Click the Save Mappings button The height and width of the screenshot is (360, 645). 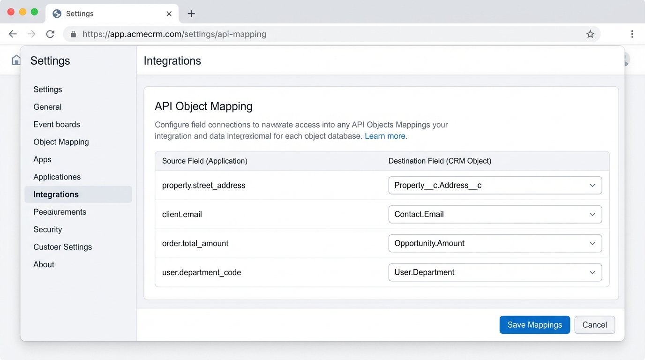(x=534, y=325)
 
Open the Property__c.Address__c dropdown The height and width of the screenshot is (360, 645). (x=495, y=185)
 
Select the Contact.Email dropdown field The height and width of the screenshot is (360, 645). (x=495, y=214)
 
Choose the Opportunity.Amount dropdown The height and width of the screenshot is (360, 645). (x=495, y=243)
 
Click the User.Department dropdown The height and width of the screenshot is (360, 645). (x=495, y=272)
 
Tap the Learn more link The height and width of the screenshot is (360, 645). (x=385, y=136)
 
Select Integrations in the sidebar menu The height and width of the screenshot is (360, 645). (x=56, y=195)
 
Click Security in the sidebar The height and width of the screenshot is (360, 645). (x=48, y=229)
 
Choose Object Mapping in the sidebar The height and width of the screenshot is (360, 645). (x=61, y=142)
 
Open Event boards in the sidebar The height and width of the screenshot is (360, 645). (x=57, y=124)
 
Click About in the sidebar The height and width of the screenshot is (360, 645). (x=44, y=264)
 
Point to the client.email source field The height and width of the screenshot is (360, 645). (x=182, y=214)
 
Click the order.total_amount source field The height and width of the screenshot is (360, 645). (x=195, y=243)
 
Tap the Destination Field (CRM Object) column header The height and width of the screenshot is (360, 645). (x=440, y=161)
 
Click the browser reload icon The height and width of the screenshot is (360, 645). (x=50, y=34)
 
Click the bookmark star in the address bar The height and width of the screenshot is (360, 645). (x=590, y=34)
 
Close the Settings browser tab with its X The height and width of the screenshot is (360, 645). (x=169, y=14)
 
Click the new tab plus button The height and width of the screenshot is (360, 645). (x=191, y=14)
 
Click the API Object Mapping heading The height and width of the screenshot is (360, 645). (x=203, y=106)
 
